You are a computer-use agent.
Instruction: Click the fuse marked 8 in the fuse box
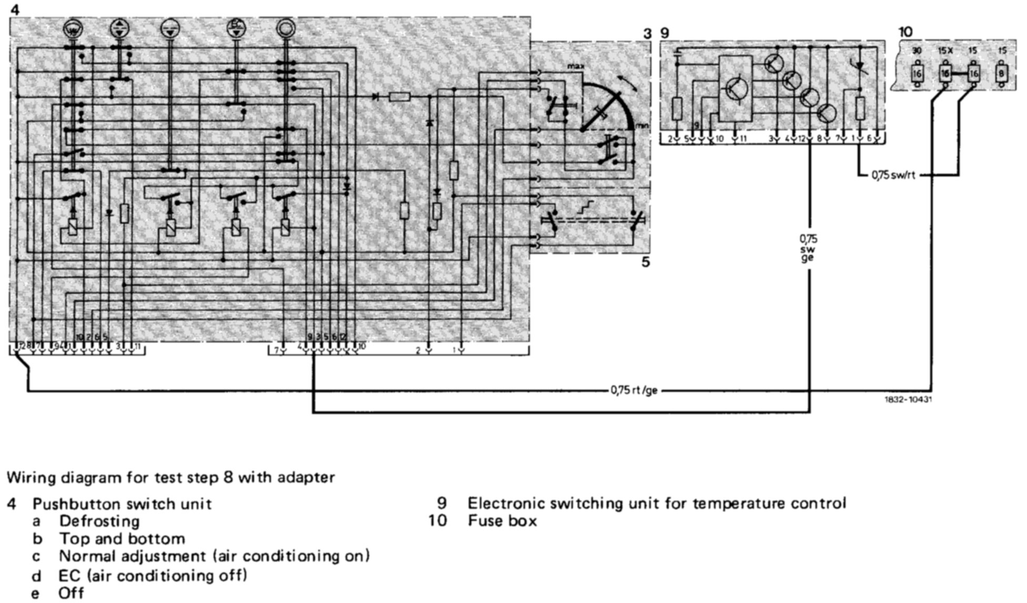1001,74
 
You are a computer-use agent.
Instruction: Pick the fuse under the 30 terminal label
917,74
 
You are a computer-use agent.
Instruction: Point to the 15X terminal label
945,51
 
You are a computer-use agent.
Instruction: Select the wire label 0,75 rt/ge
634,391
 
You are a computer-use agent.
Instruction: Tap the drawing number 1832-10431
909,400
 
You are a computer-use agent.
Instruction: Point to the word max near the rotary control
576,67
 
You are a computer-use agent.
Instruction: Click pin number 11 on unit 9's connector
743,139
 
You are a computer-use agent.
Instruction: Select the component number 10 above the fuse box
905,33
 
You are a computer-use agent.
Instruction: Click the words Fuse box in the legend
502,521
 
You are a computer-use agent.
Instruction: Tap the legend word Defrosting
99,521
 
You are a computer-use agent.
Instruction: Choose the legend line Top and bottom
122,539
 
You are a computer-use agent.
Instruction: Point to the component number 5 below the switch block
646,261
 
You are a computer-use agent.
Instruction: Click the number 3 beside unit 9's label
647,34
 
